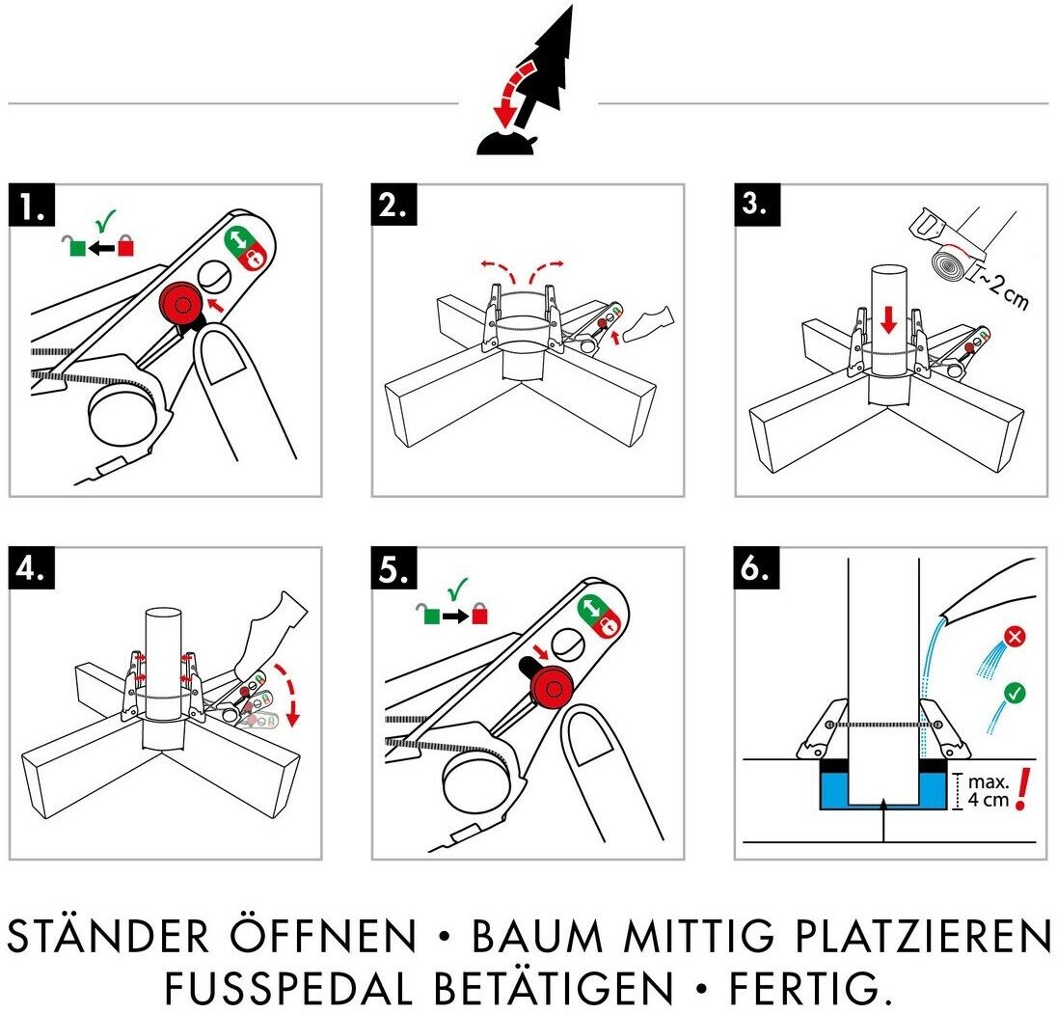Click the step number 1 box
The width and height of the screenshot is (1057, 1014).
click(x=32, y=205)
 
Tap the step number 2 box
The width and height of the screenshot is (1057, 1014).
click(x=394, y=205)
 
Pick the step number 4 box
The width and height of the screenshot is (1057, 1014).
click(x=32, y=567)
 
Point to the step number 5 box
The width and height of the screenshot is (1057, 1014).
click(x=394, y=567)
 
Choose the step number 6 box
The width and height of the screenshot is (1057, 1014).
click(x=757, y=567)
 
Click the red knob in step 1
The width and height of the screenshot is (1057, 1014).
click(x=180, y=305)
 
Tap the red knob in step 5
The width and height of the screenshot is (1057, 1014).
click(x=552, y=689)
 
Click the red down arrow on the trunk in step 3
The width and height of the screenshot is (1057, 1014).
click(x=889, y=319)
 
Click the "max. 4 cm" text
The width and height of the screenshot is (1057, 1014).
click(x=989, y=791)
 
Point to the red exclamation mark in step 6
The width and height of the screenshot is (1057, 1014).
click(x=1023, y=789)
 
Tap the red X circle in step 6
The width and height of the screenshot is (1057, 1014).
click(x=1015, y=637)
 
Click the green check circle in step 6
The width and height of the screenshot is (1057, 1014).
click(x=1014, y=693)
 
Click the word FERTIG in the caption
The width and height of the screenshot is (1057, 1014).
click(x=805, y=988)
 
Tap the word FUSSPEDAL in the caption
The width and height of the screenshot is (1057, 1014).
click(x=287, y=988)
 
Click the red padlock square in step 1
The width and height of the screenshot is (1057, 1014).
click(x=125, y=245)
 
